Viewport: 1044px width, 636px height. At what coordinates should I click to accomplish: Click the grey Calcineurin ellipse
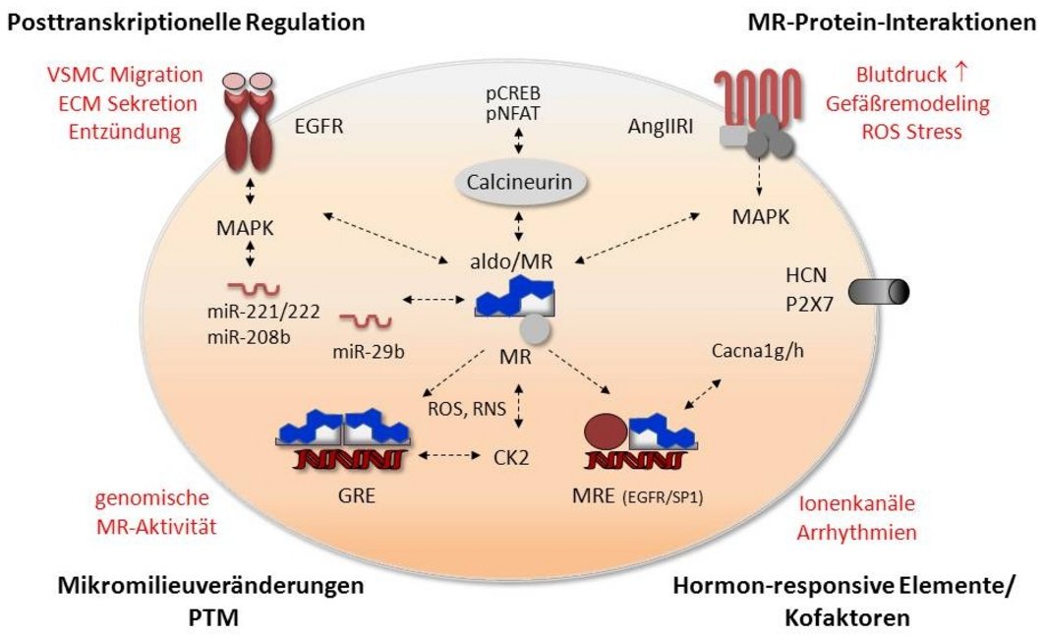[x=519, y=182]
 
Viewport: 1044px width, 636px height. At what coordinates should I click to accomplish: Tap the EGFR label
[x=319, y=126]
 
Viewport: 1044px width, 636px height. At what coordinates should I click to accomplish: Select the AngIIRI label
[x=661, y=126]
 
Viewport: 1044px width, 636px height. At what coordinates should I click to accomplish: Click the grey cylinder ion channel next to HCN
[x=878, y=292]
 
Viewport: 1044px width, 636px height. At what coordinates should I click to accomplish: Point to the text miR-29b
[x=369, y=351]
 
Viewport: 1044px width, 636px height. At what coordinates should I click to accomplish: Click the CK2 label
[x=511, y=457]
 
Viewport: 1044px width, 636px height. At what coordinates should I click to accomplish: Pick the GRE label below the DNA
[x=356, y=495]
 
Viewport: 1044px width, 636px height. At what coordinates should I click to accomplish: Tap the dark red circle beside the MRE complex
[x=606, y=433]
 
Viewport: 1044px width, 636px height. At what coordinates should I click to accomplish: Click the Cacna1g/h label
[x=758, y=351]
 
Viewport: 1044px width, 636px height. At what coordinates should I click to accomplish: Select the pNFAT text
[x=512, y=113]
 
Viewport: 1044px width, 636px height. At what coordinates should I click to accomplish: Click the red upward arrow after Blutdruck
[x=960, y=73]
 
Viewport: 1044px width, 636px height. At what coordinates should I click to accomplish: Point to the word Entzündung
[x=125, y=131]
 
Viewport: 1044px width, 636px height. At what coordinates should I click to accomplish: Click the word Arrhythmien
[x=857, y=532]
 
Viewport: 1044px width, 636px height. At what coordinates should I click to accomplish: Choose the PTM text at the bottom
[x=213, y=617]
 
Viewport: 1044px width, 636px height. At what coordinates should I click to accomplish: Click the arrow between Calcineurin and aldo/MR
[x=519, y=227]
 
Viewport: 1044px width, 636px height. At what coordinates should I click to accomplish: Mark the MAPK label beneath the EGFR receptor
[x=245, y=228]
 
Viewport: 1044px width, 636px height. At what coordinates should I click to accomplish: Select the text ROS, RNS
[x=467, y=408]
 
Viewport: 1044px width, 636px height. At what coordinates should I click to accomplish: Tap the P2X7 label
[x=810, y=304]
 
